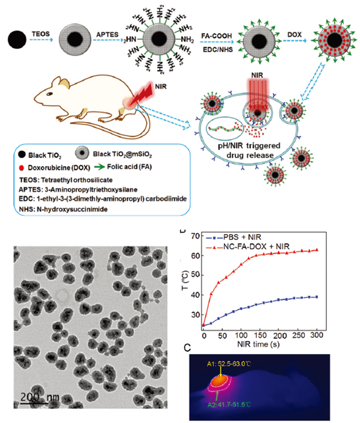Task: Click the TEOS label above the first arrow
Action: click(40, 33)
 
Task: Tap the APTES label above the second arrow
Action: click(105, 33)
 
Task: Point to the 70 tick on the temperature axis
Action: click(193, 235)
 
